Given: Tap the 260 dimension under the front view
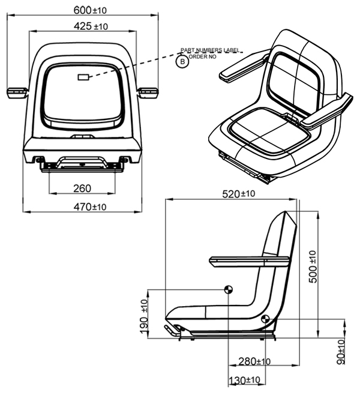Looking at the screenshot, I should [82, 188].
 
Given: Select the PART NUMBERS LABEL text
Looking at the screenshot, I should [209, 50].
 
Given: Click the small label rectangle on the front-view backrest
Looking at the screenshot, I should [83, 77].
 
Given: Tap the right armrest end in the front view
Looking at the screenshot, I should [148, 92].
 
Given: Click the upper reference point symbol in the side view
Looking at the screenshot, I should [228, 290].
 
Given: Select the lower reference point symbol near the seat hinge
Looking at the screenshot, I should [265, 319].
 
